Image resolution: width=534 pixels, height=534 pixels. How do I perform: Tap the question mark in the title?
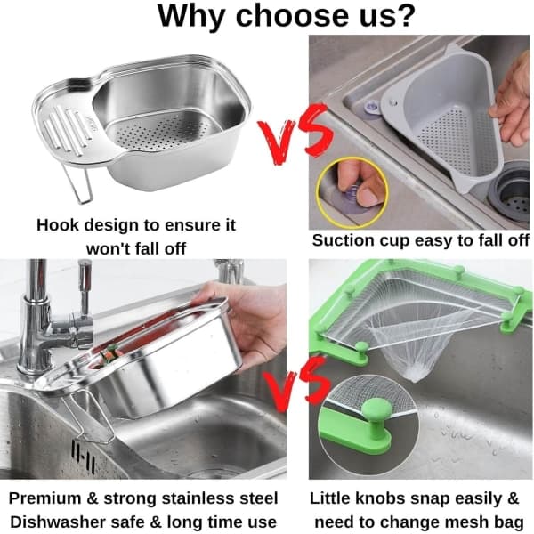(403, 16)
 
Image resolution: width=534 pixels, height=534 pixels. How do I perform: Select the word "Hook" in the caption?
(58, 225)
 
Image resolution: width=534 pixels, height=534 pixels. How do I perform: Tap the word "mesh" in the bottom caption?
(465, 522)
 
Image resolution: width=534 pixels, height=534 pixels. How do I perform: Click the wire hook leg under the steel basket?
(81, 186)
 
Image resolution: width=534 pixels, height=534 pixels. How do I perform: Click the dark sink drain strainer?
(511, 193)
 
